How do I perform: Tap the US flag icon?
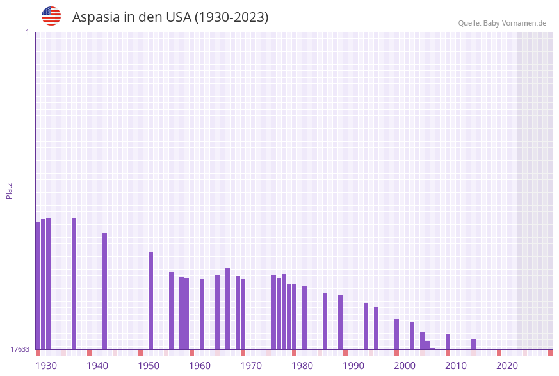[51, 16]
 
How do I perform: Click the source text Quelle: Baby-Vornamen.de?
[502, 23]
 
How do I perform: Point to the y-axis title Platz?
[10, 190]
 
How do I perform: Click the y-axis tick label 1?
[27, 32]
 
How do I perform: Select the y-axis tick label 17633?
[20, 349]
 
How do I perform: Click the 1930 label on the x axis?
[46, 365]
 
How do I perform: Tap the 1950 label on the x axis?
[149, 365]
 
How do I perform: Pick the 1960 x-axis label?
[200, 365]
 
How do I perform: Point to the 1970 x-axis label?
[251, 365]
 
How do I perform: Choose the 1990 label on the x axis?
[353, 365]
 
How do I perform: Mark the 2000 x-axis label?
[405, 365]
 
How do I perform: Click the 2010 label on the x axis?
[456, 365]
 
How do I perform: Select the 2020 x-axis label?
[507, 365]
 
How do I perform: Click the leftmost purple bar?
[38, 285]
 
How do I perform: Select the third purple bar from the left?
[48, 283]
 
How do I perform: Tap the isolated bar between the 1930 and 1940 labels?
[74, 284]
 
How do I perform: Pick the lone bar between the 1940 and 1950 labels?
[104, 291]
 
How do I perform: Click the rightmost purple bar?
[473, 344]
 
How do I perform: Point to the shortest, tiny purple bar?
[432, 348]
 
